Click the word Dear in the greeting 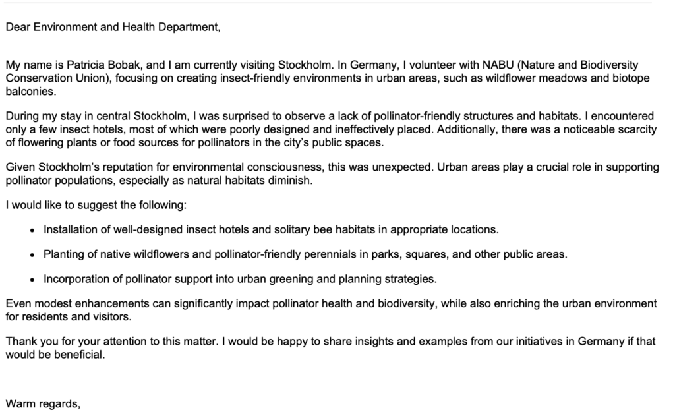17,27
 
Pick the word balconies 28,91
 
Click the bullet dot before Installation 34,230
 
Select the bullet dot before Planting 34,254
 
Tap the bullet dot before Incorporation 34,279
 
